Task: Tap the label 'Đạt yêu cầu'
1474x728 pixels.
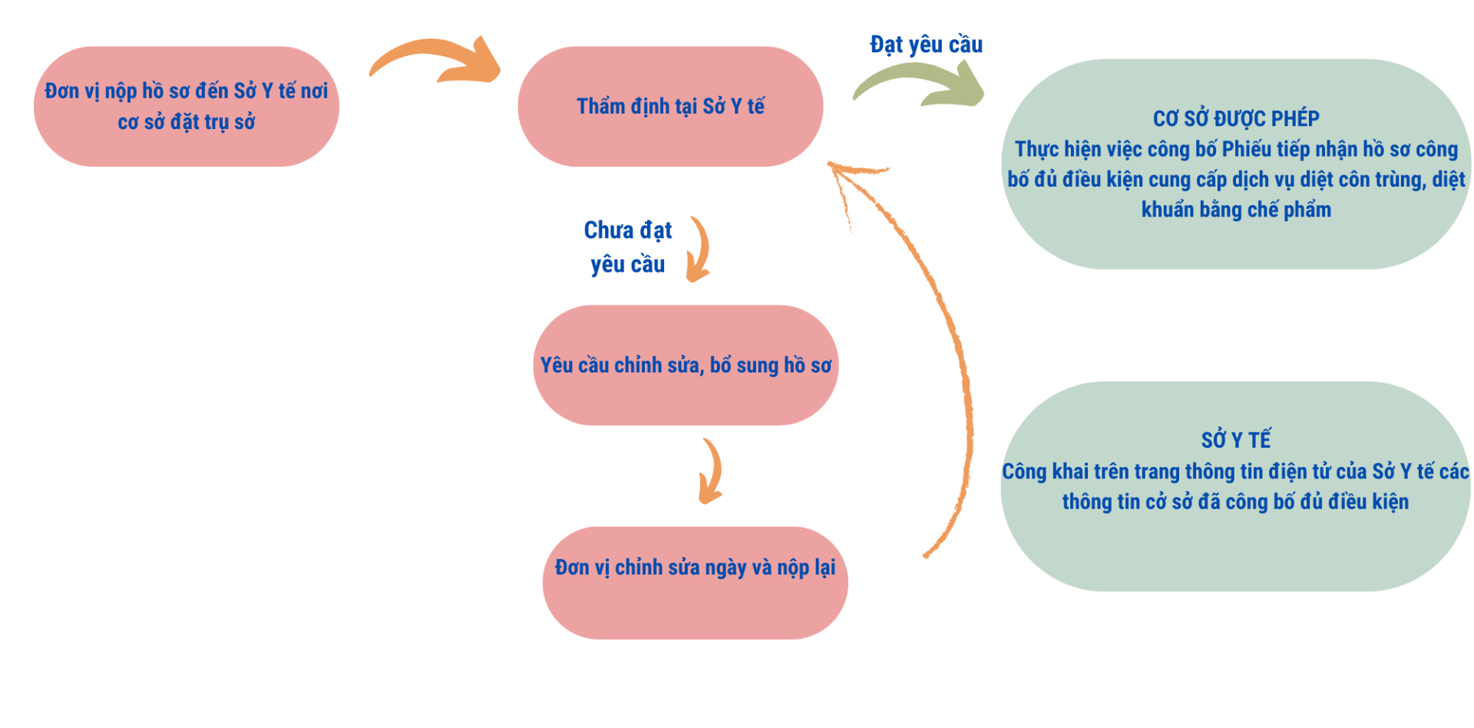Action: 926,45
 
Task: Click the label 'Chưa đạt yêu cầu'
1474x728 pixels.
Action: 628,247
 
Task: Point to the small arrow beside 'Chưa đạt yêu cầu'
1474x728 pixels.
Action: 699,250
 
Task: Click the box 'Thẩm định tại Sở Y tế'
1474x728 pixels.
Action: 670,106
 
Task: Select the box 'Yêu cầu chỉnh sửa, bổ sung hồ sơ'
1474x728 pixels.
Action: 686,366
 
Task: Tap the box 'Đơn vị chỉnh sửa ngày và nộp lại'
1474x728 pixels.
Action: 695,582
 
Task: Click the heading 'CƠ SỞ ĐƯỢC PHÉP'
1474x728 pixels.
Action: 1236,119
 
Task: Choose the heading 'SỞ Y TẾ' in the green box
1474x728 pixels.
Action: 1236,440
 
